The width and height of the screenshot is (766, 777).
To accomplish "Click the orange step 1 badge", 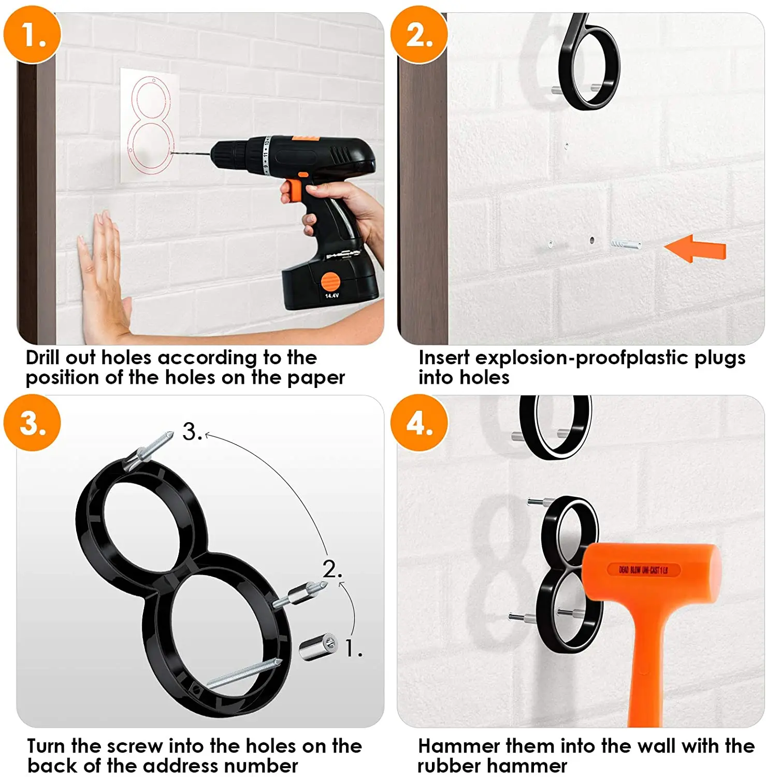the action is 32,35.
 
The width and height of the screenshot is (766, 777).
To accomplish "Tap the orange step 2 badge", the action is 419,35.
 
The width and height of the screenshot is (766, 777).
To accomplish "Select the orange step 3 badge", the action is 32,423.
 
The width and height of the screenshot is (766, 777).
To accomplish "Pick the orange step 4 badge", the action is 419,423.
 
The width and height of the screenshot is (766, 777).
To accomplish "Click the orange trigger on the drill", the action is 293,189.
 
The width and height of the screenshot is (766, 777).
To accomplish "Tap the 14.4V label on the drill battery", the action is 332,296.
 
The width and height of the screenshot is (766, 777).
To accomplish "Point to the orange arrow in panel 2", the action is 695,249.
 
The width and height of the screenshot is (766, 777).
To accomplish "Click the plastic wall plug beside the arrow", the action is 626,243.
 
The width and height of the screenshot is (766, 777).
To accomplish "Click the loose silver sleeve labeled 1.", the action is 317,646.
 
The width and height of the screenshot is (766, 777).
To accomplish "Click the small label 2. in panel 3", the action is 332,569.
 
